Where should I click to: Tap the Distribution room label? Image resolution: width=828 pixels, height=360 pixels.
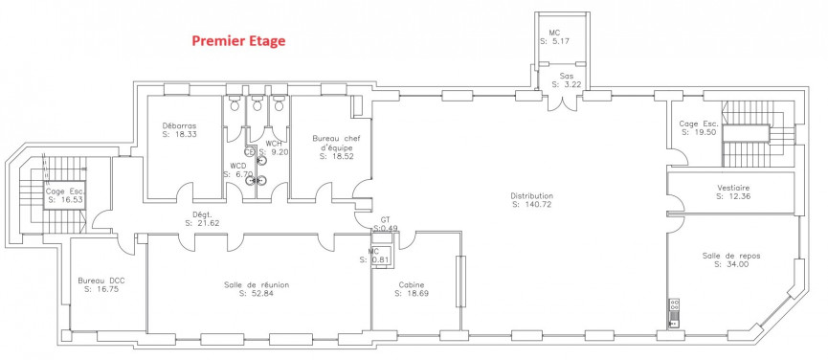point(532,194)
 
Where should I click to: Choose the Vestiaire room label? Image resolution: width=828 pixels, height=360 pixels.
point(732,188)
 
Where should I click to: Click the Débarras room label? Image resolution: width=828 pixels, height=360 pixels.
point(179,126)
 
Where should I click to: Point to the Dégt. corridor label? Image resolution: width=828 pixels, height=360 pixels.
point(202,214)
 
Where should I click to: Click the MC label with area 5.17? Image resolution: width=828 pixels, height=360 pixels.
point(554,33)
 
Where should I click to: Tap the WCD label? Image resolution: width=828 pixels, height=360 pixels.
point(237,166)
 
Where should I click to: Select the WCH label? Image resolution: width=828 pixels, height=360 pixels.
point(274,143)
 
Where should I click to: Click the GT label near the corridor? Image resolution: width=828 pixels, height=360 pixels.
point(385,219)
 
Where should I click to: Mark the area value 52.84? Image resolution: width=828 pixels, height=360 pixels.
point(256,294)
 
